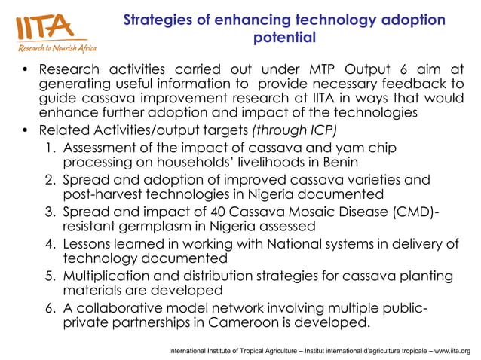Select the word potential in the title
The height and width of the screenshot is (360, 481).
(284, 37)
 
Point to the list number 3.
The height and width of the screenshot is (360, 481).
(48, 212)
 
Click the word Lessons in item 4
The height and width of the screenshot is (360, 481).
(89, 244)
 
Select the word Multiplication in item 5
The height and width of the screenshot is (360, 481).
(106, 276)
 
